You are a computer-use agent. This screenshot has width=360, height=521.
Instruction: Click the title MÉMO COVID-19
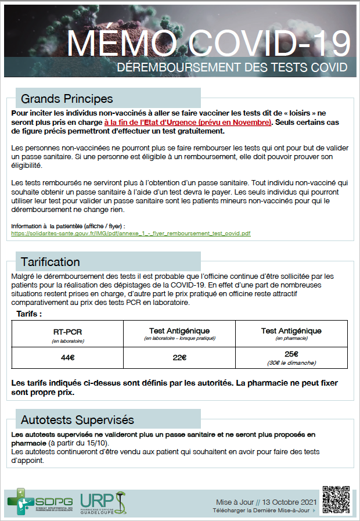(208, 42)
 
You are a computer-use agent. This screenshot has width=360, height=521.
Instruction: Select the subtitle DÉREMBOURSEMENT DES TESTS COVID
(232, 67)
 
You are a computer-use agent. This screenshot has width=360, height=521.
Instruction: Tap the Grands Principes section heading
(67, 98)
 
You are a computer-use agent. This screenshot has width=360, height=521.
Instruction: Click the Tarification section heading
(51, 262)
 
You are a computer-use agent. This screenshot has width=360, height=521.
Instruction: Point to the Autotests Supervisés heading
(77, 419)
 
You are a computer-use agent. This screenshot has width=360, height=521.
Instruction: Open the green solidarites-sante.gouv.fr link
(131, 233)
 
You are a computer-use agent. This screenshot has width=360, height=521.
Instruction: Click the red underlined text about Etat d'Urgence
(188, 123)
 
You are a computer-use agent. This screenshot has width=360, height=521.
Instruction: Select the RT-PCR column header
(68, 332)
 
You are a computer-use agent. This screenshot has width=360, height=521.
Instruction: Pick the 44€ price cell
(68, 357)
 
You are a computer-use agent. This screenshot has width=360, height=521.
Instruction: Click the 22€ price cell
(179, 357)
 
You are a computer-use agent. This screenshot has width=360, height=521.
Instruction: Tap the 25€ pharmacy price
(291, 354)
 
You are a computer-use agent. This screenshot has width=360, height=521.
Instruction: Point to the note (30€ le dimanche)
(291, 362)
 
